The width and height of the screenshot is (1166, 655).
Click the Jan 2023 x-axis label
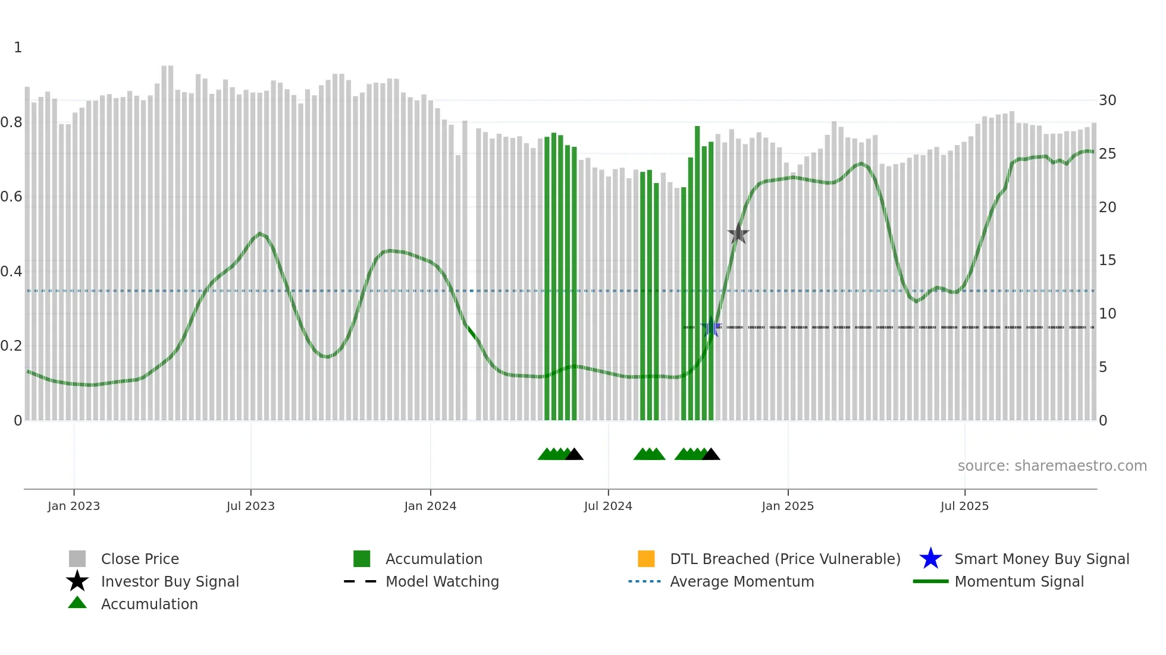74,506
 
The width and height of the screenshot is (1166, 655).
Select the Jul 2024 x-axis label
608,506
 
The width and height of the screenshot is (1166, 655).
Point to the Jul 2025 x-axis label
964,506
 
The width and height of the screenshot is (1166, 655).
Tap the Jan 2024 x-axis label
430,506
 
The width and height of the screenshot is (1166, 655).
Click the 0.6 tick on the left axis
11,197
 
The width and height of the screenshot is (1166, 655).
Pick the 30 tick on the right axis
1107,100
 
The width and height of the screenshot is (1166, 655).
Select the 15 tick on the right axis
1107,260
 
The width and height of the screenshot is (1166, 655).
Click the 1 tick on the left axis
18,48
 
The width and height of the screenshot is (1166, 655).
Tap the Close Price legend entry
140,559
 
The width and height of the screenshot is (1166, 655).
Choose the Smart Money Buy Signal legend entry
1041,559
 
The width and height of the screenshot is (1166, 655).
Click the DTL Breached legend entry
785,559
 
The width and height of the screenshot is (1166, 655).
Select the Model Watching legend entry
441,581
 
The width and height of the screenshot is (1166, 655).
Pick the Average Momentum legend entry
741,581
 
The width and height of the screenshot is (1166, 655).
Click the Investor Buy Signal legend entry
170,581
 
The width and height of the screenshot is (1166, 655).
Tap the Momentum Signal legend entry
1018,581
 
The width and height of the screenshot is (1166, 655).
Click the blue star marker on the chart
711,327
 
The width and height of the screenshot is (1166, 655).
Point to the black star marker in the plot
738,234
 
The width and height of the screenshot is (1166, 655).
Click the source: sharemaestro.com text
1052,466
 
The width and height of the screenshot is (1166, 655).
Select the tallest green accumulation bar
697,273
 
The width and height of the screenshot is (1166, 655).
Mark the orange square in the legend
646,559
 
